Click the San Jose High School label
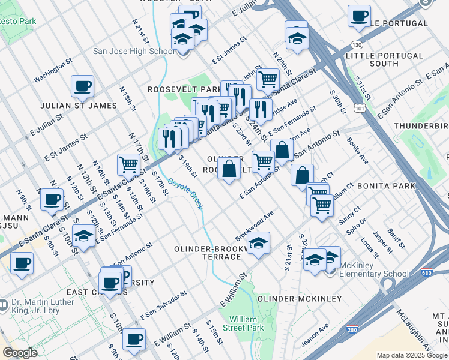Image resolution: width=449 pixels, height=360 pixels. [134, 51]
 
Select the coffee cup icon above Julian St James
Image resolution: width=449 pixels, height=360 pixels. [82, 86]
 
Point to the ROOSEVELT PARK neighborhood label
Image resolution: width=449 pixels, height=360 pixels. [185, 89]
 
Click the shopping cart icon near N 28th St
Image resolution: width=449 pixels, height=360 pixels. [268, 79]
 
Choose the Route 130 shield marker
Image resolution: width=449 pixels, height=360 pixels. [357, 45]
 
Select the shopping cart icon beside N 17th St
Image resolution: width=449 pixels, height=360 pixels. [129, 163]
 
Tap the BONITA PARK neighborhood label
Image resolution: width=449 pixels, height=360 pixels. [386, 187]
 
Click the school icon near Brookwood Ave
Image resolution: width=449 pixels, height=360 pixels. [258, 243]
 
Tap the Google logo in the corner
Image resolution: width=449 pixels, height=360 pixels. [20, 353]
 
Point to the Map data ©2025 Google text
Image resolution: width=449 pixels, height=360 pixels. [412, 355]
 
